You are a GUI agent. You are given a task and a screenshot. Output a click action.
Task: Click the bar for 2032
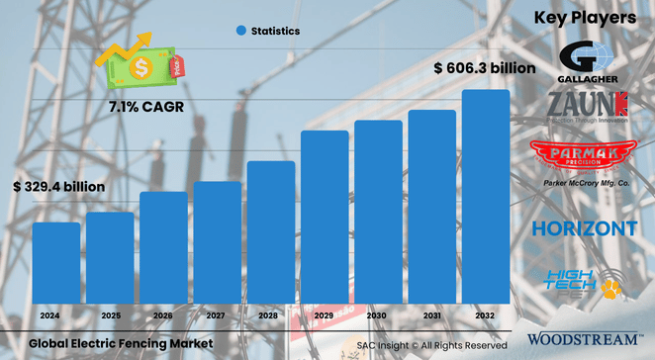[486, 198]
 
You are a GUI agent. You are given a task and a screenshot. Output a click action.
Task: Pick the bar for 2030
[378, 213]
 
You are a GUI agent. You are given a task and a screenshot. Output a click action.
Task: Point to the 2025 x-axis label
[110, 315]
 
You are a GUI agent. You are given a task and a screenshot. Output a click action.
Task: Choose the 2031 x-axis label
[431, 315]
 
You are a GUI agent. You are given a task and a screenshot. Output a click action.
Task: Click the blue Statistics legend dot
[239, 32]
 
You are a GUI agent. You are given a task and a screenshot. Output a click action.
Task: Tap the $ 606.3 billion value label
[485, 68]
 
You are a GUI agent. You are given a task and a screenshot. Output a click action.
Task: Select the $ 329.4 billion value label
[58, 185]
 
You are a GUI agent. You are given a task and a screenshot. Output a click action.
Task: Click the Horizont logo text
[584, 228]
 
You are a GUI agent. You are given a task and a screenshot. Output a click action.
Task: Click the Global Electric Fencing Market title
[121, 342]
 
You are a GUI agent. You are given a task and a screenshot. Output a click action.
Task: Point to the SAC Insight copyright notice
[432, 344]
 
